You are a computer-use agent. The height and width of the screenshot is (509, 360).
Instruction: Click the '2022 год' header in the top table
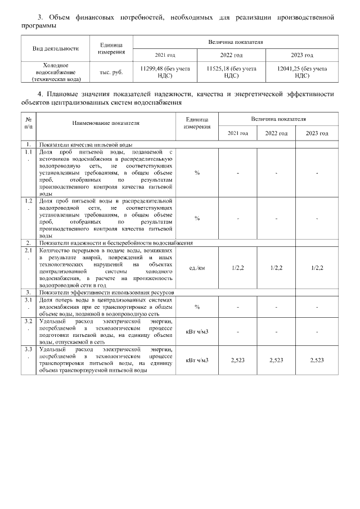pos(231,55)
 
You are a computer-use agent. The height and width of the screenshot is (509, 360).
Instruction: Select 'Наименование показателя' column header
pos(106,123)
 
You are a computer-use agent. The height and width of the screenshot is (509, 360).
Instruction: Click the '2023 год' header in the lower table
pos(317,133)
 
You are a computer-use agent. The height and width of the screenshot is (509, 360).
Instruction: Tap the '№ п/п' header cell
pos(28,123)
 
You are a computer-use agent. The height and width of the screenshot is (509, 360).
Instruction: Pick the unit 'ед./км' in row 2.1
pos(197,268)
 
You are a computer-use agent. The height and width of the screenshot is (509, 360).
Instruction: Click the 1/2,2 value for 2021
pos(237,268)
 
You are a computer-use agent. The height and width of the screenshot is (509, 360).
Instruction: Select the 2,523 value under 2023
pos(317,359)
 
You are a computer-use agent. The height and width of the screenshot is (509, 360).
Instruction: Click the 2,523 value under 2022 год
pos(276,359)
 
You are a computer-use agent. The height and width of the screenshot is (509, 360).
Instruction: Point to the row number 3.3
pos(28,353)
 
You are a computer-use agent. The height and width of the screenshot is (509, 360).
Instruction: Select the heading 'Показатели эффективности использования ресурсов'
pos(107,293)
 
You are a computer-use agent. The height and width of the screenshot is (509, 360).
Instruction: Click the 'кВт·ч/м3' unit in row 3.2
pos(197,331)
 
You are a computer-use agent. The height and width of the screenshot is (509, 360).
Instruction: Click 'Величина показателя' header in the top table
pos(236,42)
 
